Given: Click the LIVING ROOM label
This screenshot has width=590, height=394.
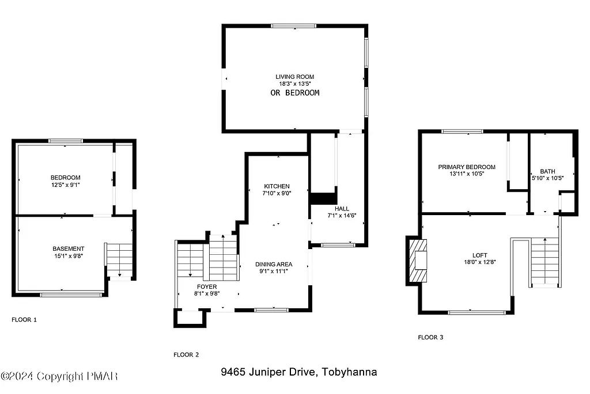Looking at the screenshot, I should point(294,76).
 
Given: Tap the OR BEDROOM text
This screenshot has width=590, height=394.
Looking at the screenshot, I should point(294,93).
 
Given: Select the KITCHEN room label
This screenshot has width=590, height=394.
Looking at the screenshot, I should point(277,186).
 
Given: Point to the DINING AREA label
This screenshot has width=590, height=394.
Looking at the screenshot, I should point(274,265).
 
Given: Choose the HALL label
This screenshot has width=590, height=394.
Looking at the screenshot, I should point(342,209).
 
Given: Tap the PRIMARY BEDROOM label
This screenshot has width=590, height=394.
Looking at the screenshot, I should point(466,167).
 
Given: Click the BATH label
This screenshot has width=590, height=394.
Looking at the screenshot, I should point(547,171).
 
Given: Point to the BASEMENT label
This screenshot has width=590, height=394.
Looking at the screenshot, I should point(68,249).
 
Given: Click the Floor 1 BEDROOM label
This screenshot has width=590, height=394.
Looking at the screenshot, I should point(65,177).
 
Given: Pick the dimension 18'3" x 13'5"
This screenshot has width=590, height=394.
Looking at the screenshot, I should point(294,83).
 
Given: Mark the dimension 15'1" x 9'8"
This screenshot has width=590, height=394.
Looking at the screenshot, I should point(68,256).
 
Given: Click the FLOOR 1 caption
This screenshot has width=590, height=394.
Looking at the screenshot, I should point(24,319).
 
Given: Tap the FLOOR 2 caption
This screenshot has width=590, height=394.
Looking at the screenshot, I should point(186,355).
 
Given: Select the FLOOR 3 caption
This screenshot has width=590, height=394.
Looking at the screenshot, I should point(430,338).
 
